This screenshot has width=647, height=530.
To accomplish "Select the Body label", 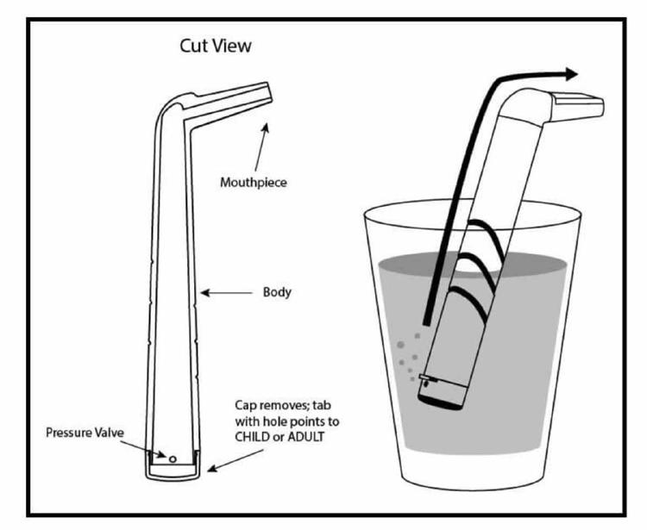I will (277, 292).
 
